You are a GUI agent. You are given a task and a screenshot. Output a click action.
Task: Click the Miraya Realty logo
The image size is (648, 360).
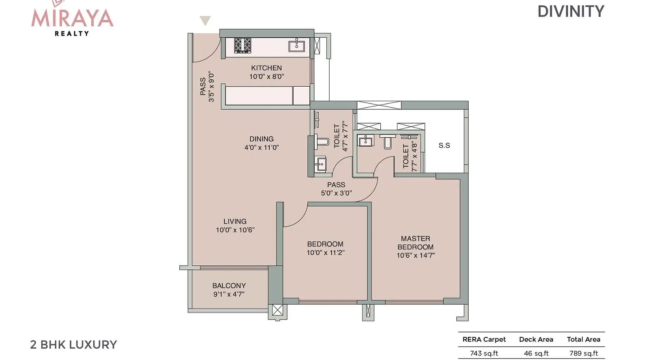point(72,19)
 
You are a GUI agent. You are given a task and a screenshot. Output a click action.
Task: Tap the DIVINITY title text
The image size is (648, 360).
point(571,12)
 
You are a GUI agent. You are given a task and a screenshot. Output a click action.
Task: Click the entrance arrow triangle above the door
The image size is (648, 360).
point(205,21)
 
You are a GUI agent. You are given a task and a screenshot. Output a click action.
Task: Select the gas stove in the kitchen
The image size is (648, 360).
point(243,45)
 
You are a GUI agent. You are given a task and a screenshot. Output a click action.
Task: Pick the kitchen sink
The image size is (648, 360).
point(296,45)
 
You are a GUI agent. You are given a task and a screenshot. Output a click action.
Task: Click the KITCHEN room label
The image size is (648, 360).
point(266,68)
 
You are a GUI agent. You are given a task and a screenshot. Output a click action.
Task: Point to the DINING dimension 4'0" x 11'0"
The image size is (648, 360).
point(262,147)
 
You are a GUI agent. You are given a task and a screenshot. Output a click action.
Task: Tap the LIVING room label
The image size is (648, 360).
point(235,222)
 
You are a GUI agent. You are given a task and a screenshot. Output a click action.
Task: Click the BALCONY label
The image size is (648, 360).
point(229,285)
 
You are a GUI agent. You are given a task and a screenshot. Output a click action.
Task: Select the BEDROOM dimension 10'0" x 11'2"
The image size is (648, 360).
point(326,253)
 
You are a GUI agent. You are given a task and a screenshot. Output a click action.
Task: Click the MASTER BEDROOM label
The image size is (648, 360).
point(416,243)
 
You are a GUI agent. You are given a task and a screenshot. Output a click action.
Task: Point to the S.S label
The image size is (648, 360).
point(444,145)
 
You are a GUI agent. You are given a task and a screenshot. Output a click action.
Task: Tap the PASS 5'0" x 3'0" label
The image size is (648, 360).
point(336,189)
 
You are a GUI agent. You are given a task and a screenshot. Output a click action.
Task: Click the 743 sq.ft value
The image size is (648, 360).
point(484,353)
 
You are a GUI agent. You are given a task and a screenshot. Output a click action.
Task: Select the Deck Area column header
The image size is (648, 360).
point(536,339)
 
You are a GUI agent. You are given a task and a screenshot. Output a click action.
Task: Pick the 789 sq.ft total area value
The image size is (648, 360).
point(584,353)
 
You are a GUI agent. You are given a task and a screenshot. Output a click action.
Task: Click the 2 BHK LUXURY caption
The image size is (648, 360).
point(73,345)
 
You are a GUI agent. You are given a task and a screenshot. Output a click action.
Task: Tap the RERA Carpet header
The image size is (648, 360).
point(484,339)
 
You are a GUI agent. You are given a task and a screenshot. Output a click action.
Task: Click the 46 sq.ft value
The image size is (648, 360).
point(536,353)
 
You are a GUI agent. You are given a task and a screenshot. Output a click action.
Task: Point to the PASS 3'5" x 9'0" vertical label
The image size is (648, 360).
point(207,87)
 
